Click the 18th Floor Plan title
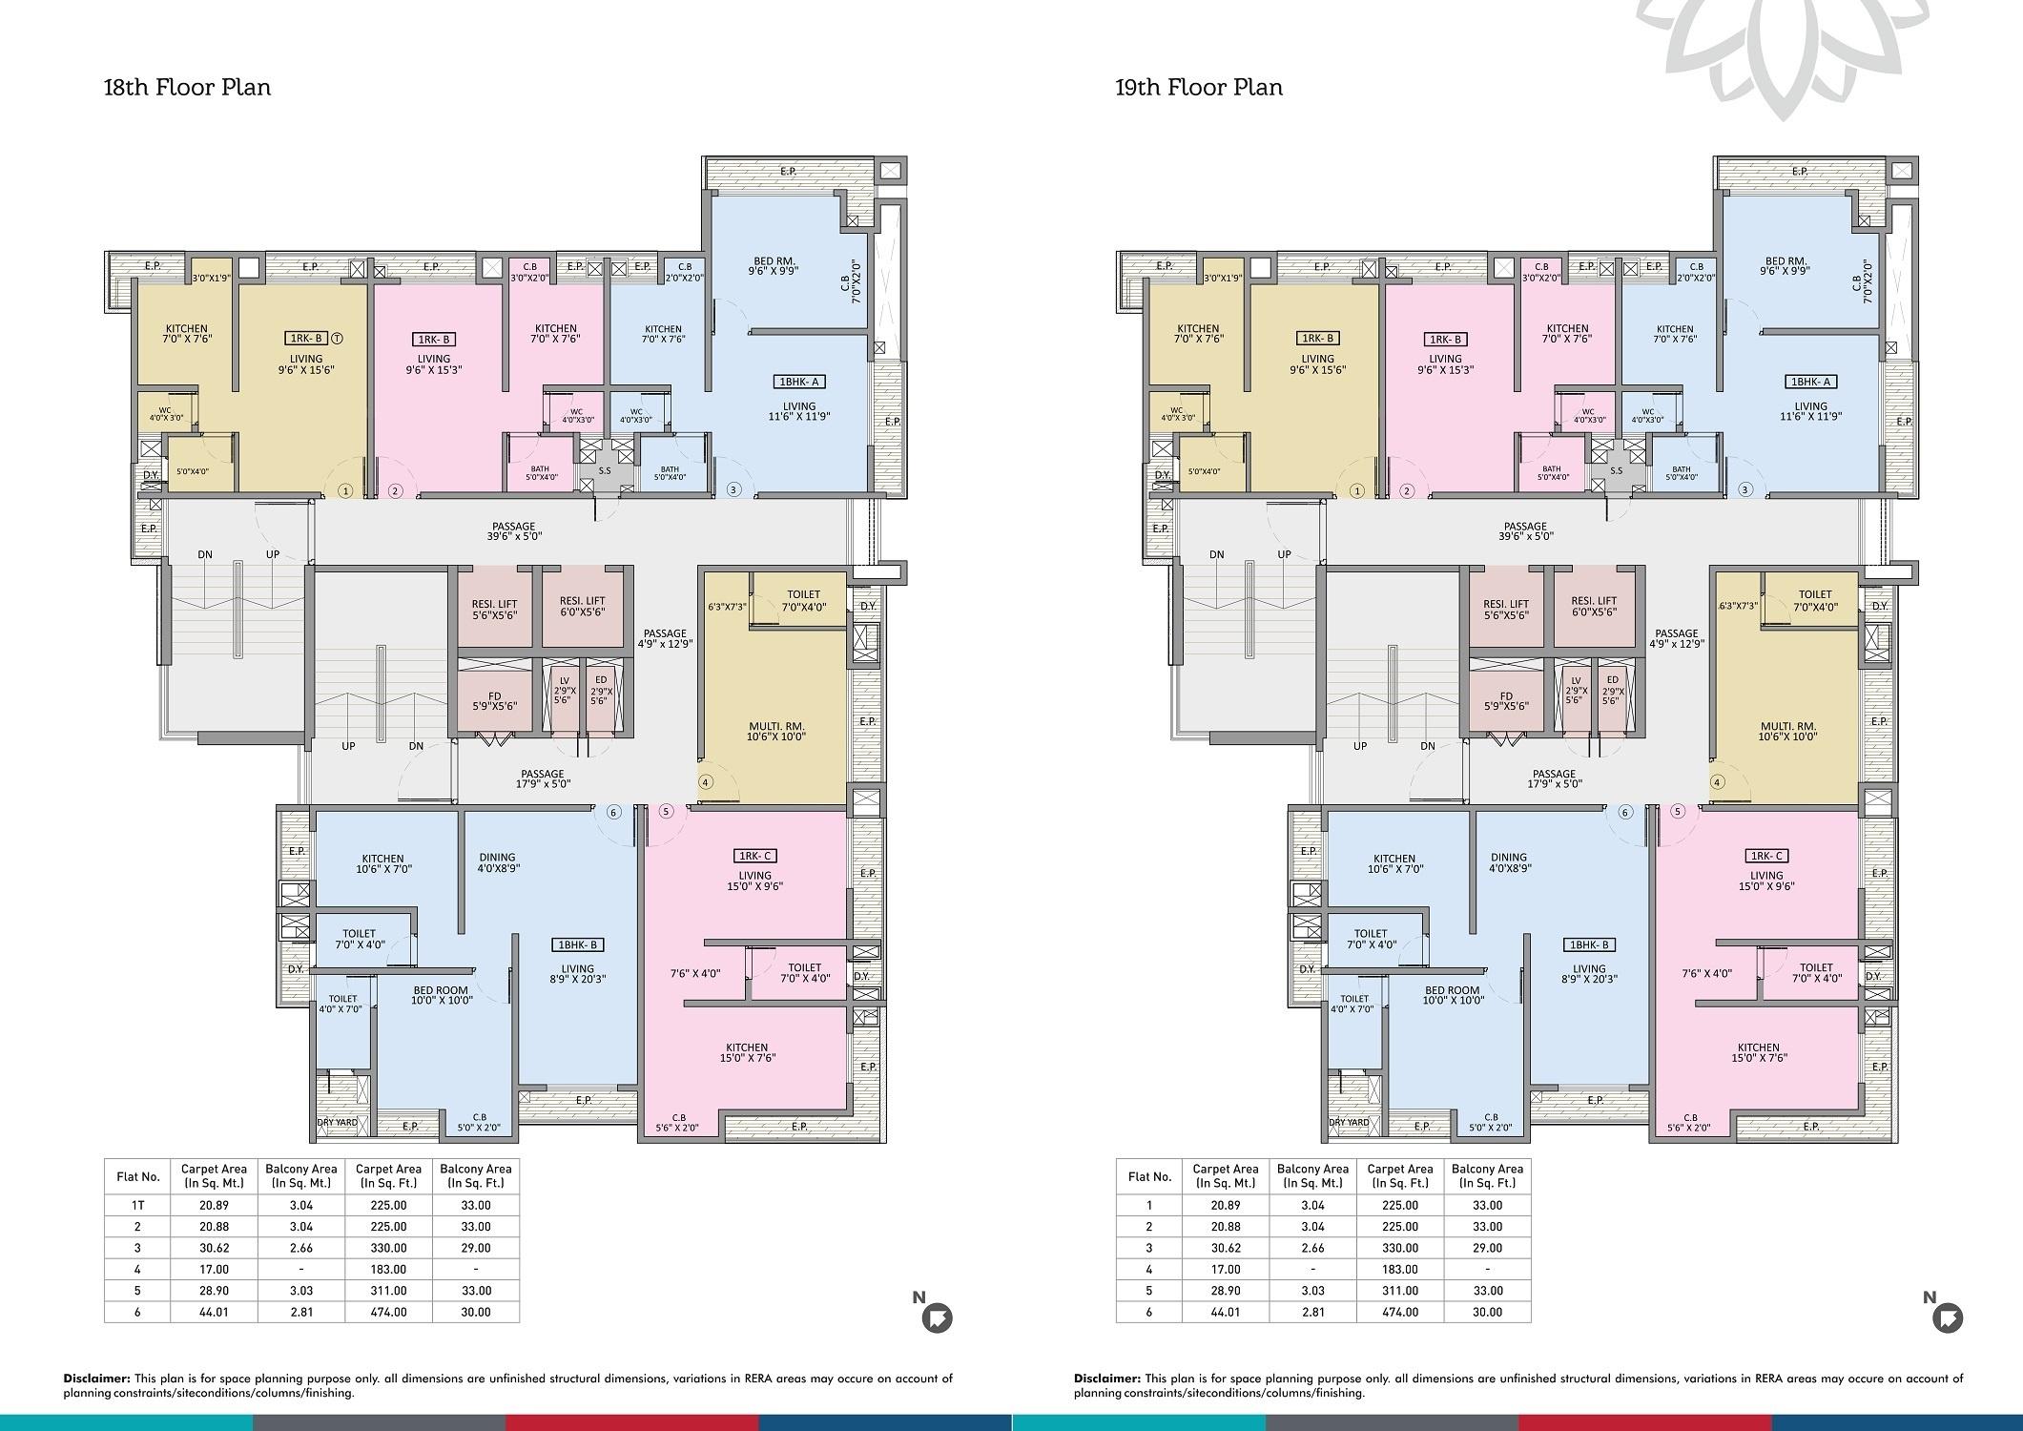[187, 88]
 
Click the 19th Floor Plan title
[1199, 88]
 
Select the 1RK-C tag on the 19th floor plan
[1766, 856]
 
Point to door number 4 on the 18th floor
[706, 782]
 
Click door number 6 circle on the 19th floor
[1625, 813]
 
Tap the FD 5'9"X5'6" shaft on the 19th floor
[1506, 701]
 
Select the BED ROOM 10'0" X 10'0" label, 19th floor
[1452, 995]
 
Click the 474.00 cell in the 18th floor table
[388, 1313]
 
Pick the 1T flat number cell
[137, 1205]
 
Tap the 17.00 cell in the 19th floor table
[1226, 1270]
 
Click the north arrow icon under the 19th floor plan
[1948, 1317]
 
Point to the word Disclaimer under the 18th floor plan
[96, 1379]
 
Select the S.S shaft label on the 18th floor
[605, 470]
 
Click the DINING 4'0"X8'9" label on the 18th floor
[498, 862]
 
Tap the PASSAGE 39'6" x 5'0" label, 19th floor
[1525, 531]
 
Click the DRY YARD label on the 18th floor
[338, 1122]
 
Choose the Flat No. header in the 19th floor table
[1149, 1176]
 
